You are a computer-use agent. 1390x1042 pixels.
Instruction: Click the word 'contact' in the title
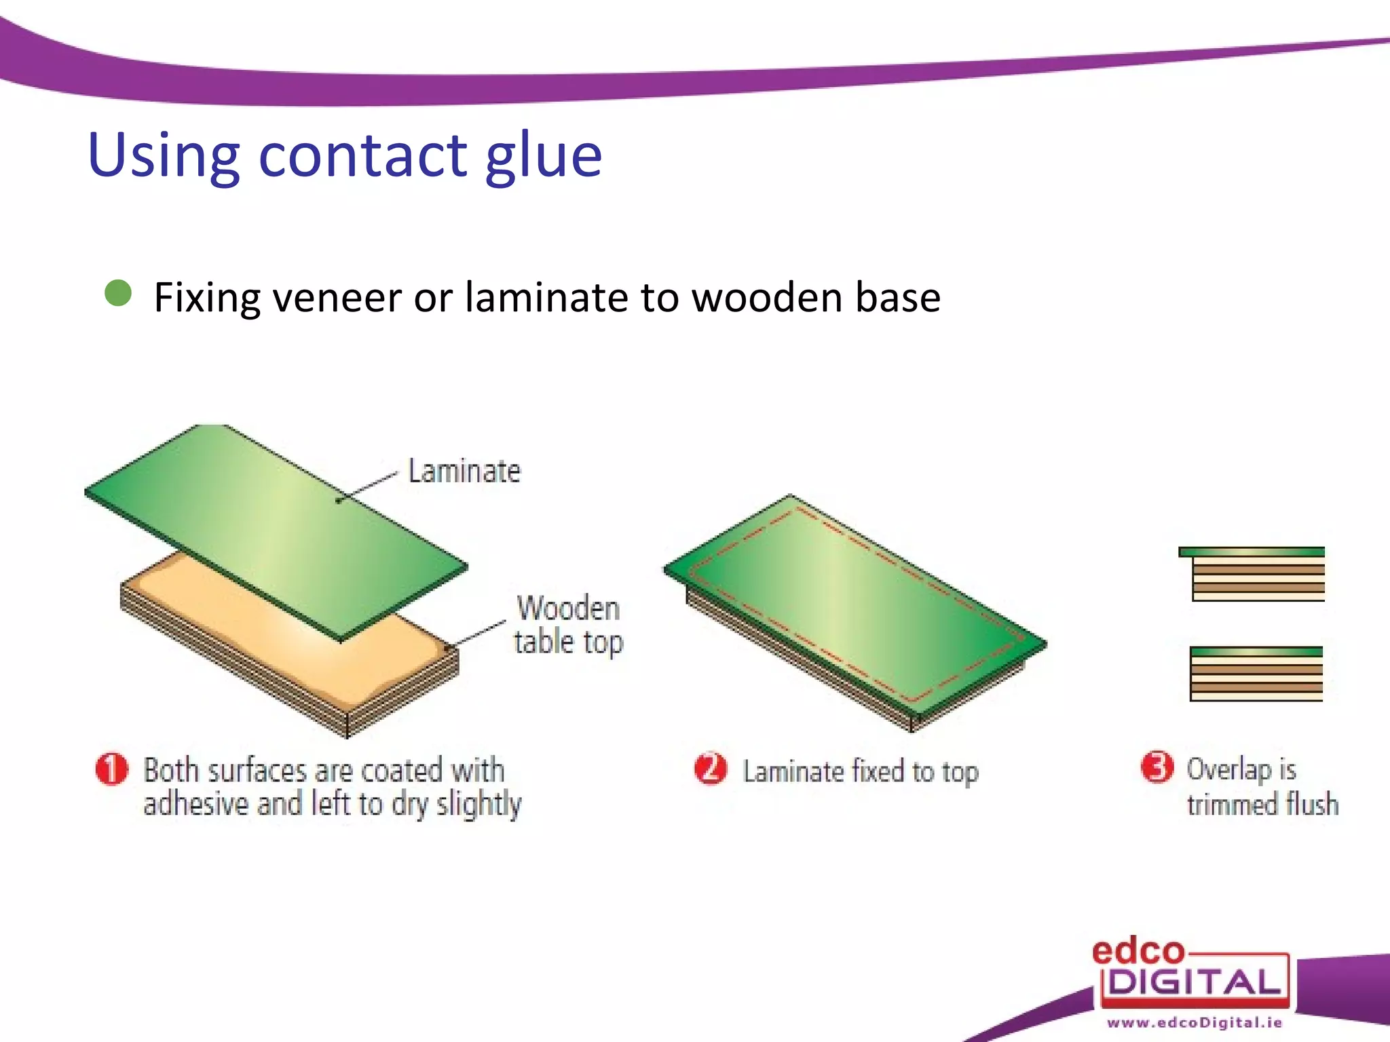(x=363, y=155)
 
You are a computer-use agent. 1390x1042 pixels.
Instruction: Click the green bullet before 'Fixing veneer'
(x=119, y=294)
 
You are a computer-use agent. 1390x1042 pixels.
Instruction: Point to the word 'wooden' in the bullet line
(x=766, y=298)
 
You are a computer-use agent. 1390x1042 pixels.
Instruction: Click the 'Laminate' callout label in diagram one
(x=464, y=471)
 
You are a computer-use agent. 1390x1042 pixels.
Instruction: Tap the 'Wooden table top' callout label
(x=568, y=625)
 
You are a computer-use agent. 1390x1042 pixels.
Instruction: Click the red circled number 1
(x=112, y=769)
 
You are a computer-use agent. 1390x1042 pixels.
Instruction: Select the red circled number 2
(x=711, y=769)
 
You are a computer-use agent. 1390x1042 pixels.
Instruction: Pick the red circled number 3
(x=1157, y=767)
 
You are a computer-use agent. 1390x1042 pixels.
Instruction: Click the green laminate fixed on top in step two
(x=855, y=604)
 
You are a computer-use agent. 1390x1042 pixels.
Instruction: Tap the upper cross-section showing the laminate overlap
(x=1252, y=573)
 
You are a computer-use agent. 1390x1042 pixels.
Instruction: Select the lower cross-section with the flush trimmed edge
(x=1256, y=673)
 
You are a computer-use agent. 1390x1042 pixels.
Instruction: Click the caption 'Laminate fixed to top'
(x=860, y=772)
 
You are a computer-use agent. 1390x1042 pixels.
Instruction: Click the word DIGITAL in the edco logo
(x=1195, y=982)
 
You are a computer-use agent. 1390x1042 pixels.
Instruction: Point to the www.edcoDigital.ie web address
(x=1195, y=1022)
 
